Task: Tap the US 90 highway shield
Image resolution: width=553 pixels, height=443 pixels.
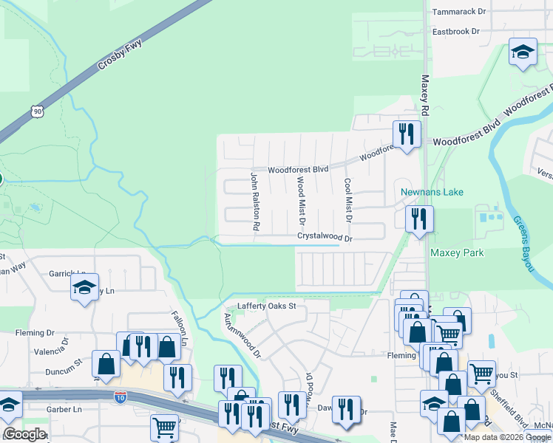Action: [x=38, y=111]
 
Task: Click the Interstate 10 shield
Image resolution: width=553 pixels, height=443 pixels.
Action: [x=120, y=398]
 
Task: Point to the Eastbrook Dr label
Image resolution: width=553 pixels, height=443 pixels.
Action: [x=456, y=32]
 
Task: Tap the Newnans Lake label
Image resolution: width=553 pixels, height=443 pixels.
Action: [x=432, y=192]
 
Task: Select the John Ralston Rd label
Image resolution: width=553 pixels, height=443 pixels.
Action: [x=254, y=202]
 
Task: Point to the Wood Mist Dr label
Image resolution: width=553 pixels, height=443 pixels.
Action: [x=301, y=200]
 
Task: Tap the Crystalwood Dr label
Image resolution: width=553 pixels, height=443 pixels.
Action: [x=325, y=238]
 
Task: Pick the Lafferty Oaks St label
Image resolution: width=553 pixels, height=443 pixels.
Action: [x=266, y=306]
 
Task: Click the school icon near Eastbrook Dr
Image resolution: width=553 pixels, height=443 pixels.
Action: [x=523, y=53]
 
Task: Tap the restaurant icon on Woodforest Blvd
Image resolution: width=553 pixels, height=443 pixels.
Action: [x=406, y=134]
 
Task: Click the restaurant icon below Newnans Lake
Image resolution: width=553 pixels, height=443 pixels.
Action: [x=418, y=219]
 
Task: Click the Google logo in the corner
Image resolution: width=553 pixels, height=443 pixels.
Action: [x=24, y=434]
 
